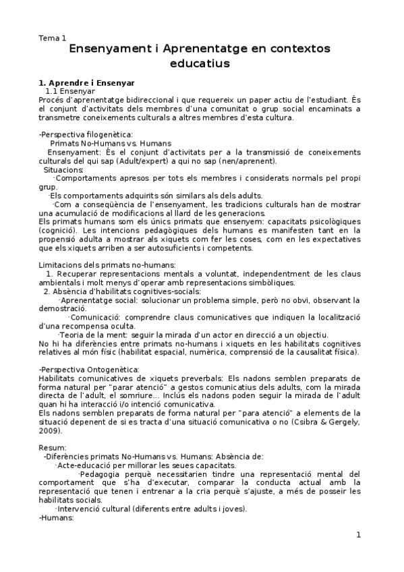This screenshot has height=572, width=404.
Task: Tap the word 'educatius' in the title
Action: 200,64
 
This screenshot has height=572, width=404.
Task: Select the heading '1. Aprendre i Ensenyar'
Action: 87,82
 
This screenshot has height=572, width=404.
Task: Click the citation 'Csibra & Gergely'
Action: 331,422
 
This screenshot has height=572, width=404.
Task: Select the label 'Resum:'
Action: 53,448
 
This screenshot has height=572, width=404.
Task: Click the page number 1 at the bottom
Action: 359,536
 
